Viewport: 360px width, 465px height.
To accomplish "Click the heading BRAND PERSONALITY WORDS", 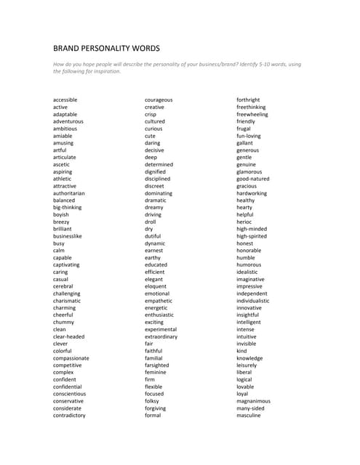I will point(106,48).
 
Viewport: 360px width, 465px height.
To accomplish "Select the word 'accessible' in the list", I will point(65,100).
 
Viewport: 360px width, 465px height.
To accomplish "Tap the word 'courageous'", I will point(159,100).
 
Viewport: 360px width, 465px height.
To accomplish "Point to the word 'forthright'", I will point(248,100).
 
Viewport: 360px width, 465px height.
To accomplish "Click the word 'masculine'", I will point(249,416).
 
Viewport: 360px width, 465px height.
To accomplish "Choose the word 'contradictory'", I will point(69,416).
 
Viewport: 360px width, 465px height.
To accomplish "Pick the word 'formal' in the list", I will point(153,416).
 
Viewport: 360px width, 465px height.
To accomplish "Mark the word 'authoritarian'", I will point(69,193).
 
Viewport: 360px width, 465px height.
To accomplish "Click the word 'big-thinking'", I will point(68,207).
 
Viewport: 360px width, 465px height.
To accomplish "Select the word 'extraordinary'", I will point(161,336).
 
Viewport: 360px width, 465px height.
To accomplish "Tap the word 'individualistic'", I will point(253,301).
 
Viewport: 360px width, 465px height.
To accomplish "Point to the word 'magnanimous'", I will point(253,401).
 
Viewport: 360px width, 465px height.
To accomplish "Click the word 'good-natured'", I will point(253,179).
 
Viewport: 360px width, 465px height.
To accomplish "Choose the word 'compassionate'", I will point(71,358).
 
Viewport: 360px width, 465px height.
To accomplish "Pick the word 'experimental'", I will point(161,329).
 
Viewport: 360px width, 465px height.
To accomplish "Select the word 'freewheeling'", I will point(252,114).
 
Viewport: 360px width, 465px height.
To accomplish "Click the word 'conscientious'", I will point(69,394).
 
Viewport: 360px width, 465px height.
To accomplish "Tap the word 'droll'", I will point(151,222).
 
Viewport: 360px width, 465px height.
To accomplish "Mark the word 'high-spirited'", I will point(251,236).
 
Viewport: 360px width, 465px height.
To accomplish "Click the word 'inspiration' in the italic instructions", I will point(105,71).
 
